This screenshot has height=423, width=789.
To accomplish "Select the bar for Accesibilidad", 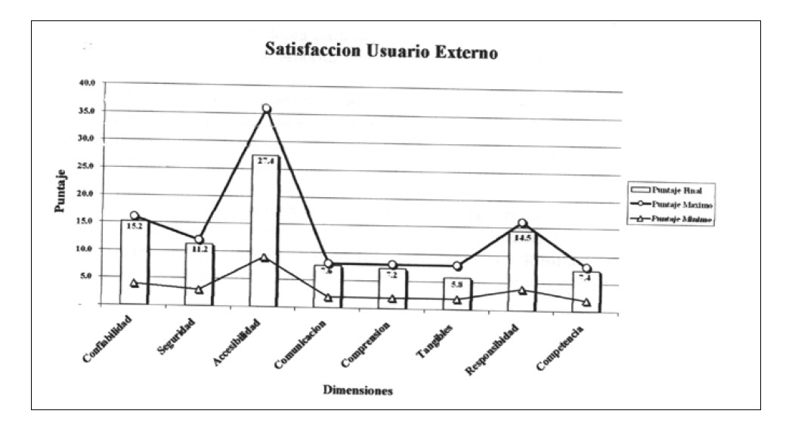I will pyautogui.click(x=265, y=234).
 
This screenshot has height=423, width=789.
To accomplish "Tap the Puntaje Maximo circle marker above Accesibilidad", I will pyautogui.click(x=266, y=109).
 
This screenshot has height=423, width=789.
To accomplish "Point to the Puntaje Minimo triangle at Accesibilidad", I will pyautogui.click(x=264, y=258).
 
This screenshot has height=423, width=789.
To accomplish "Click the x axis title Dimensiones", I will pyautogui.click(x=357, y=391).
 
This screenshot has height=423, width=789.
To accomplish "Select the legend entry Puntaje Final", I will pyautogui.click(x=670, y=190).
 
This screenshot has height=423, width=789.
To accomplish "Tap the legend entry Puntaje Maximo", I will pyautogui.click(x=670, y=205).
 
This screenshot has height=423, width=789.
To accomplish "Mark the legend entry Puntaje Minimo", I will pyautogui.click(x=670, y=219).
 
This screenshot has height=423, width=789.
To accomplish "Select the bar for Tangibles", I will pyautogui.click(x=457, y=293).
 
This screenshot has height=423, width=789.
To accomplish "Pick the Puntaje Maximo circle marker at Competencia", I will pyautogui.click(x=586, y=269).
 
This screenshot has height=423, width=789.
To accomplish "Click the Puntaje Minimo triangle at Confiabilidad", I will pyautogui.click(x=134, y=283).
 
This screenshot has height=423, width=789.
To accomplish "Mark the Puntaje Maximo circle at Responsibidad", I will pyautogui.click(x=521, y=224).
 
